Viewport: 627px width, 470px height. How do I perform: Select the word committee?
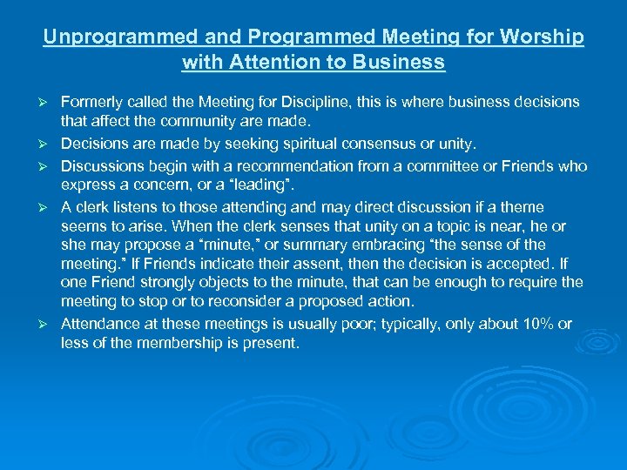pos(458,165)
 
